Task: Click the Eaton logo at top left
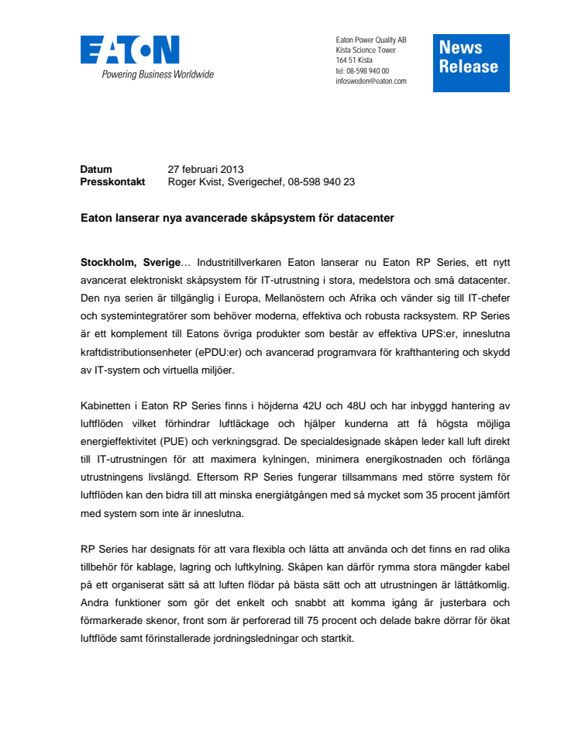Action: pos(129,50)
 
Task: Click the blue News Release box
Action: pos(470,62)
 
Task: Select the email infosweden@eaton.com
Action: pos(371,81)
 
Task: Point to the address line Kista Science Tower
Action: pos(366,50)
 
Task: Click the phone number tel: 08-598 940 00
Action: pos(363,71)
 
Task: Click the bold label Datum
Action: pos(96,169)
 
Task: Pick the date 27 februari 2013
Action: pos(206,169)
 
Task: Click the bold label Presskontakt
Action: pos(113,182)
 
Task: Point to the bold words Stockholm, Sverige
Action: pos(130,264)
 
